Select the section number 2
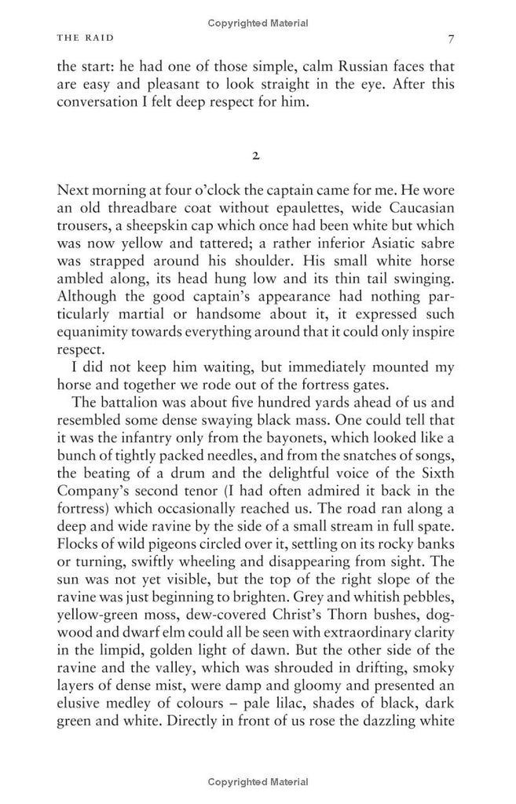tap(256, 155)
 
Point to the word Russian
tap(324, 67)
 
